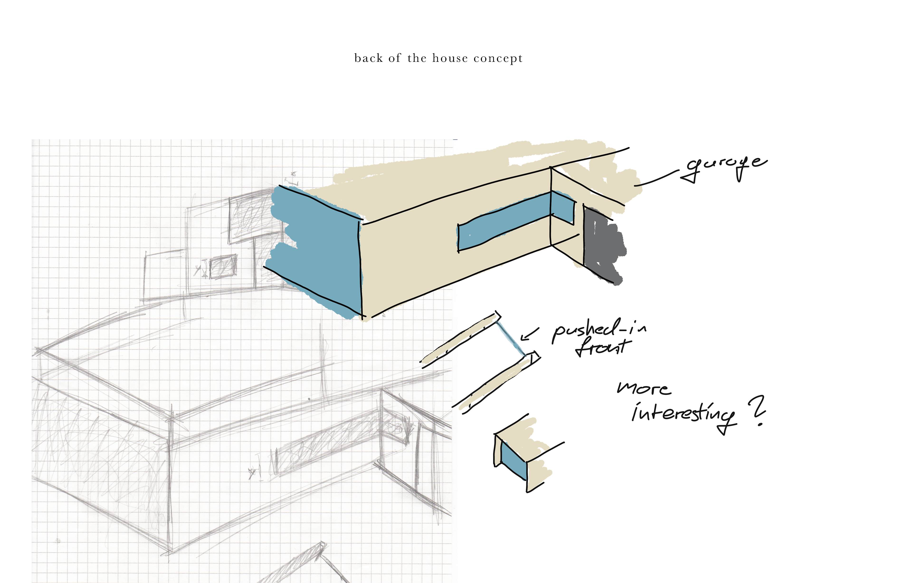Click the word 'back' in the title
[x=368, y=58]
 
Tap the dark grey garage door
[x=602, y=244]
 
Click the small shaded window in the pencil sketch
[x=223, y=266]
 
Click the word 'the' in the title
[x=417, y=58]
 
